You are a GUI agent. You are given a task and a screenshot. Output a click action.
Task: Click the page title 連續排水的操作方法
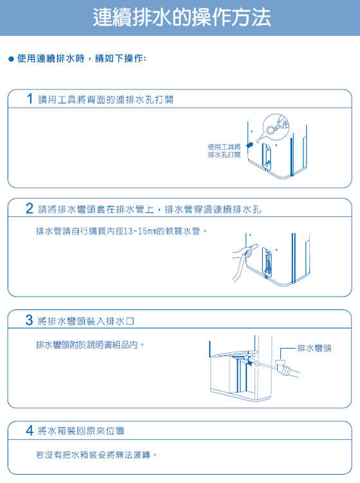[181, 17]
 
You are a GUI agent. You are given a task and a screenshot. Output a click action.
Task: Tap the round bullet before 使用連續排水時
[11, 59]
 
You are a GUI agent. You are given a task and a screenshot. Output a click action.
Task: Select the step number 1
[30, 100]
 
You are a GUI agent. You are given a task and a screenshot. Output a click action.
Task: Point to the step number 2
[30, 209]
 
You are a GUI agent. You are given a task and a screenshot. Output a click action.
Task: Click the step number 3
[30, 320]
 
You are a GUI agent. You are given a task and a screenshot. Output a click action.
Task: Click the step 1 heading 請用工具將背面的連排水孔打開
[105, 100]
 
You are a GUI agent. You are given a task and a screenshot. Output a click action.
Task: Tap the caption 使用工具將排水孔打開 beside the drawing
[224, 151]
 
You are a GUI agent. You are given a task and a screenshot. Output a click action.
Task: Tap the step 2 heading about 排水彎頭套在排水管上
[149, 210]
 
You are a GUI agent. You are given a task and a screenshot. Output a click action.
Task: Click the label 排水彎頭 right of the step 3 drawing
[314, 348]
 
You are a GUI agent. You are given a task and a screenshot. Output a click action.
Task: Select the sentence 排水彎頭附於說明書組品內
[89, 345]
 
